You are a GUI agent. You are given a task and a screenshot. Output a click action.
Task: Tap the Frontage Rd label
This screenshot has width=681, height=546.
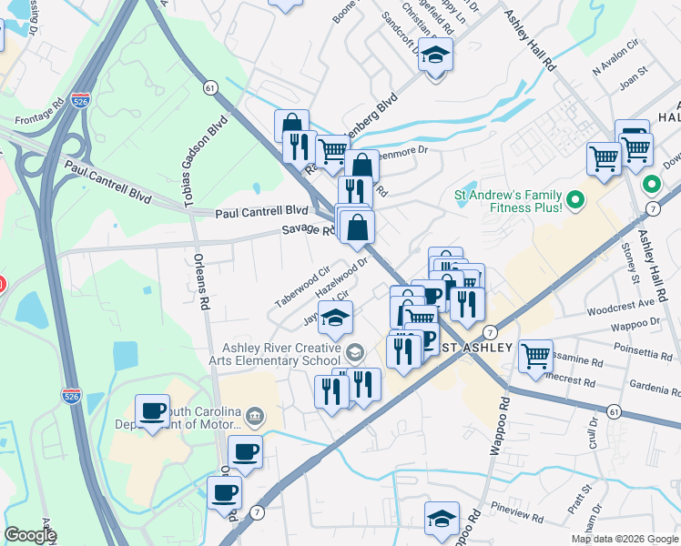tap(39, 117)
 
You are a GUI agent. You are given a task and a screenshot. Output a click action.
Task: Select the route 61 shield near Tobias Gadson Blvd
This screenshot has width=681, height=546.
tap(210, 87)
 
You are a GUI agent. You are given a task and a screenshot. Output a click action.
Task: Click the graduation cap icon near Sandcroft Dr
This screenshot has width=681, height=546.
tap(436, 56)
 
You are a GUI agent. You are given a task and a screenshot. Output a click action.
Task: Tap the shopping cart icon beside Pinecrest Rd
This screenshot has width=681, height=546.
tap(536, 354)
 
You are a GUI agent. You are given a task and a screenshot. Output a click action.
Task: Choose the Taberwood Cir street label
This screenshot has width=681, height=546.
tap(303, 288)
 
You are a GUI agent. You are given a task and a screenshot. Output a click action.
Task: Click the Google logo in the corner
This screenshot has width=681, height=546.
tap(30, 534)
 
